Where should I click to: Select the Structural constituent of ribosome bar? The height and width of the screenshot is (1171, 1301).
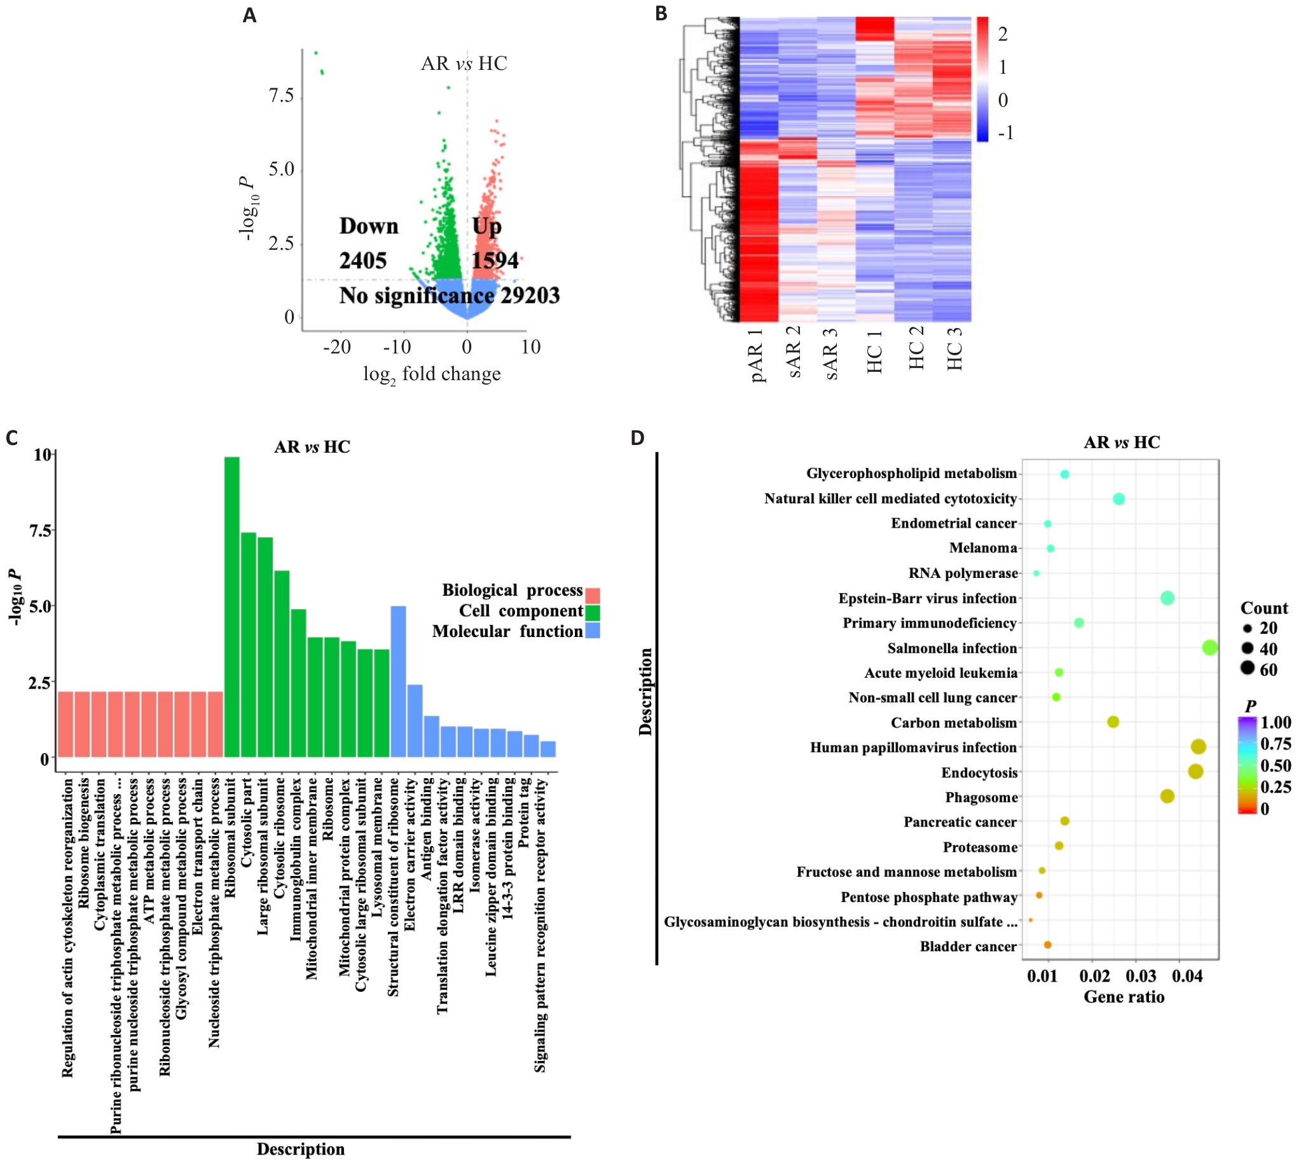[x=398, y=681]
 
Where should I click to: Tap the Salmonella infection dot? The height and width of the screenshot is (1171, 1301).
[x=1209, y=648]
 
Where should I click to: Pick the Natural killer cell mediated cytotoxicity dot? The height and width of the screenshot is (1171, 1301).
[x=1119, y=498]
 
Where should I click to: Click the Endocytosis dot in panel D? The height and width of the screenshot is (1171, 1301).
[x=1195, y=771]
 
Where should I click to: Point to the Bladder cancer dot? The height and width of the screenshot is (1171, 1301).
[x=1047, y=945]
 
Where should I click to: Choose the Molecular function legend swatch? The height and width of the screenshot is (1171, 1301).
[x=593, y=631]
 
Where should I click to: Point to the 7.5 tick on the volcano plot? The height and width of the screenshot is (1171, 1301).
[x=281, y=96]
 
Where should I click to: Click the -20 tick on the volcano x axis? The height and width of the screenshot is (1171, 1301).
[x=337, y=348]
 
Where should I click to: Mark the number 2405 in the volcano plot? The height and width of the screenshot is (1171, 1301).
[x=363, y=261]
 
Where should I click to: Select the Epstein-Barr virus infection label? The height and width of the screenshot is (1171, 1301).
[x=927, y=598]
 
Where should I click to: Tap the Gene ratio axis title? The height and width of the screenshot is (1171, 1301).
[x=1124, y=997]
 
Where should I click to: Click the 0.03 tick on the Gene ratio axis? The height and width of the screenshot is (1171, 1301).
[x=1141, y=976]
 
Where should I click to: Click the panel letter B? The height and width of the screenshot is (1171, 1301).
[x=661, y=13]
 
